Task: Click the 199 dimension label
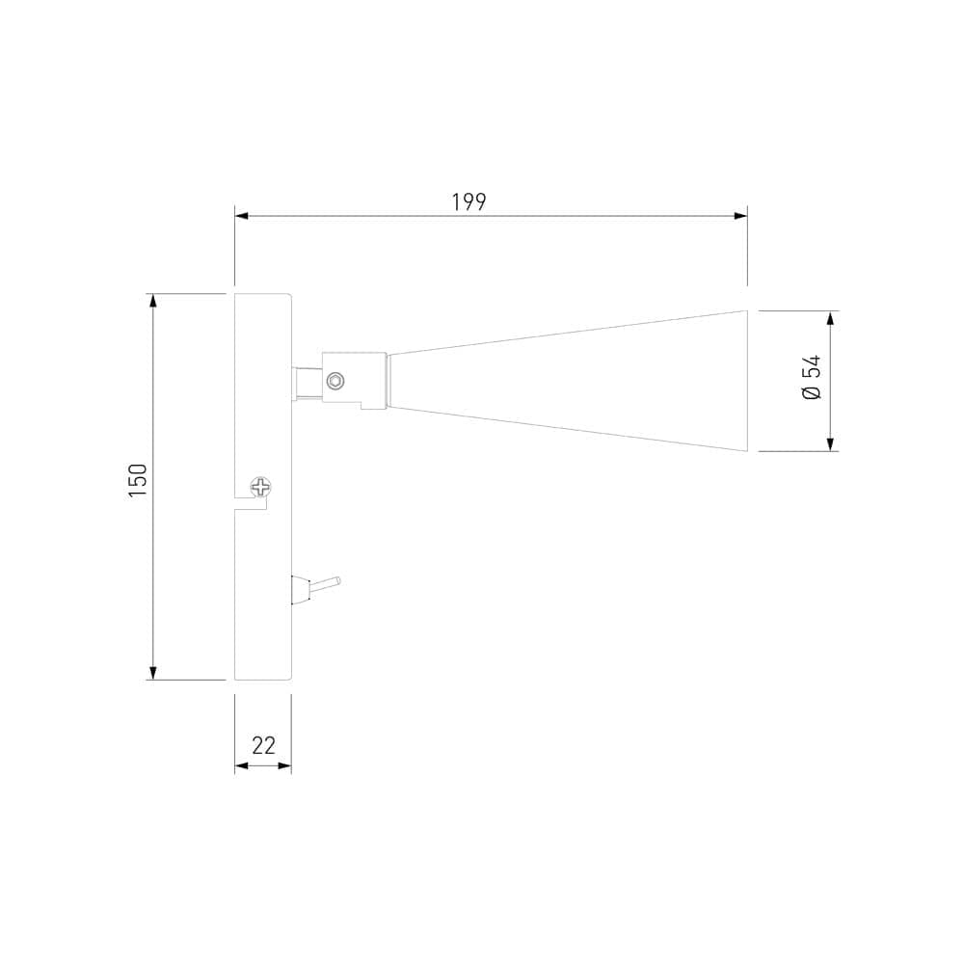coord(469,202)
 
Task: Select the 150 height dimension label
coord(138,480)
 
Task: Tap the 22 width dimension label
coord(263,745)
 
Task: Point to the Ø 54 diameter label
coord(812,378)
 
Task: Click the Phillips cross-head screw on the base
coord(261,487)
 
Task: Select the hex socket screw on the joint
coord(335,381)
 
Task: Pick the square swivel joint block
coord(354,379)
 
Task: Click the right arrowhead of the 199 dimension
coord(740,216)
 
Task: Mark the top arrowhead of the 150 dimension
coord(152,301)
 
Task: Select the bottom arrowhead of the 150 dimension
coord(152,672)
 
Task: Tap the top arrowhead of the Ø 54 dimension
coord(830,318)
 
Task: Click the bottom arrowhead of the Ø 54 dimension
coord(830,443)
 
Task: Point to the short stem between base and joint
coord(307,383)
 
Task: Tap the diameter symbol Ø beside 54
coord(812,392)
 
